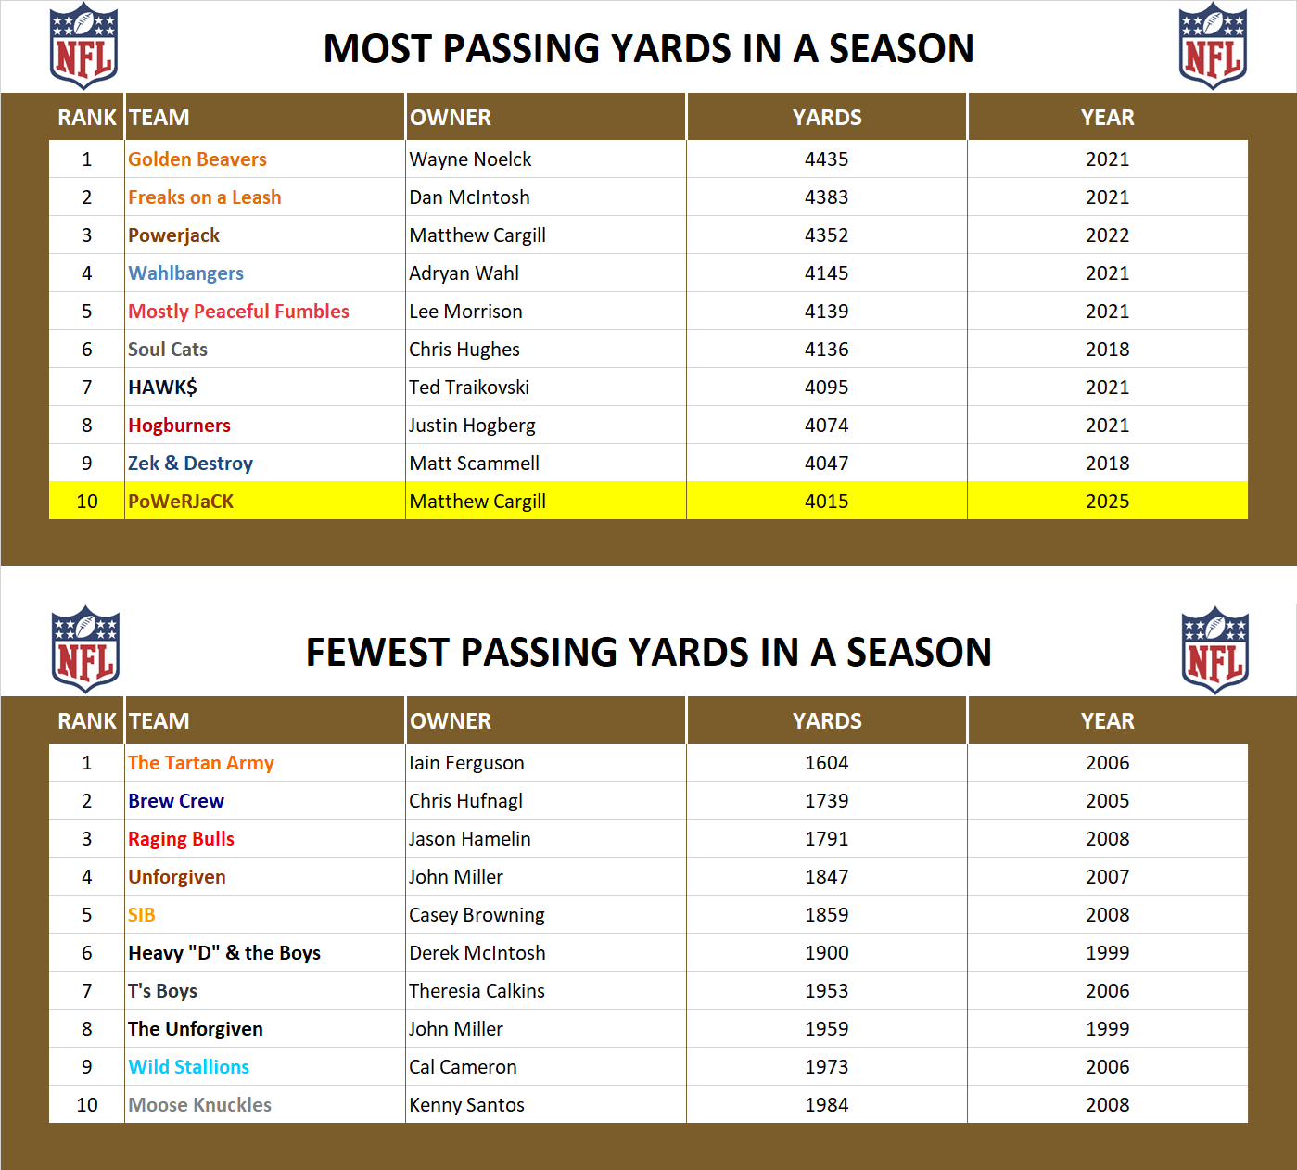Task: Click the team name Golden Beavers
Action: point(197,159)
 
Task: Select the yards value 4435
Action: point(826,159)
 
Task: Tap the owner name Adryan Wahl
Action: point(464,273)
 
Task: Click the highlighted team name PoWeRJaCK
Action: point(181,502)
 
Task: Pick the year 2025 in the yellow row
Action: point(1107,502)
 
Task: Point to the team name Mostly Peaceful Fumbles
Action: point(238,312)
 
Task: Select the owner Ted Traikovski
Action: point(469,388)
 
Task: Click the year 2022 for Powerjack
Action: point(1107,235)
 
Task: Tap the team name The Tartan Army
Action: point(200,763)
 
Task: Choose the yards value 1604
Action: point(826,763)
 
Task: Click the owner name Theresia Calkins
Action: point(477,991)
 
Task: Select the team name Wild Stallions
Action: point(188,1067)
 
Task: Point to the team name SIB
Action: point(141,915)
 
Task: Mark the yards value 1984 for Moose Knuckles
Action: point(826,1105)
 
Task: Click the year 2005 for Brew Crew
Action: point(1107,801)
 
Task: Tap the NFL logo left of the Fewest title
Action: point(85,649)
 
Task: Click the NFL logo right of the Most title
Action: point(1213,46)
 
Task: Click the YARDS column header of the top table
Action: point(826,118)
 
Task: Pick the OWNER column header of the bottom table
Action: point(451,721)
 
